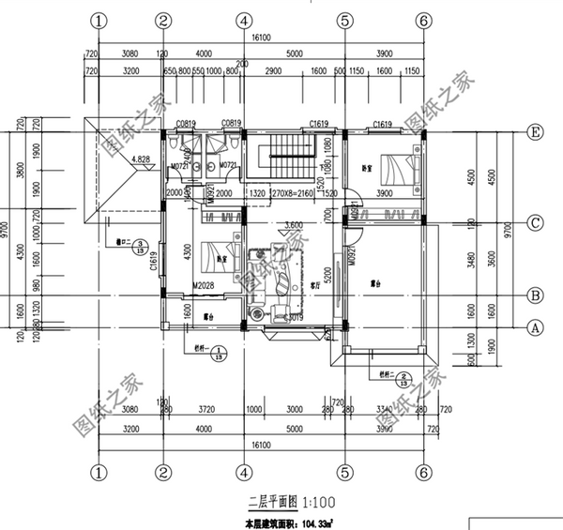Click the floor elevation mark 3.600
(x=292, y=225)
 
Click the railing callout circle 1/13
(x=218, y=355)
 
